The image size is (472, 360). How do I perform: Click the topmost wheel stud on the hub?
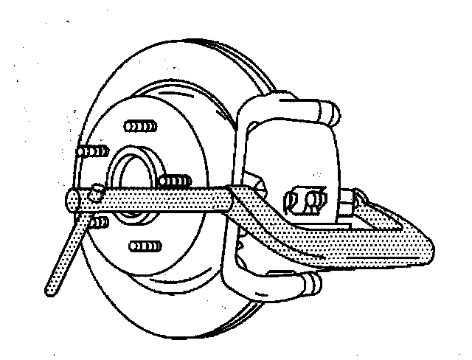pos(136,125)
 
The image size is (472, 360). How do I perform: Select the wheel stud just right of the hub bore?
pos(175,181)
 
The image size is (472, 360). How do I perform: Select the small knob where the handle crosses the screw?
pos(94,193)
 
